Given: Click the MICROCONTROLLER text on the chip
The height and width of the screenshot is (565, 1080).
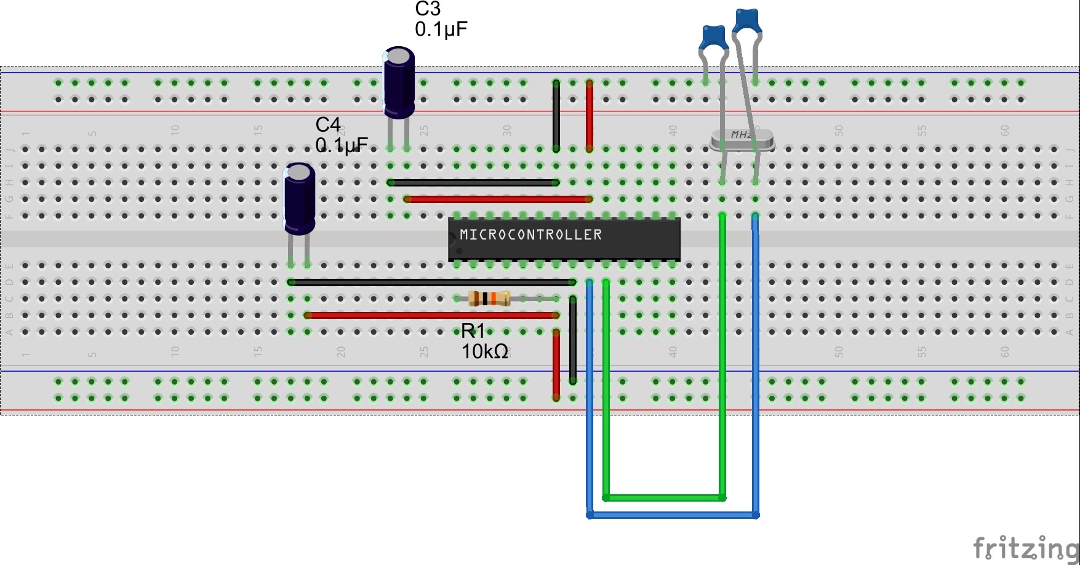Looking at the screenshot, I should (x=530, y=234).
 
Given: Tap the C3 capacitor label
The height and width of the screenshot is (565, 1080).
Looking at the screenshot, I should (x=428, y=9).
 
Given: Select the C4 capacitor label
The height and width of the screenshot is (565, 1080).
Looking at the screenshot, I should (x=328, y=125).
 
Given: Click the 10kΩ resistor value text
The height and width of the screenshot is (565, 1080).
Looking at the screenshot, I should (x=484, y=351).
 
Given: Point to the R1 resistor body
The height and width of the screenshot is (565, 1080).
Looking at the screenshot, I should (x=489, y=299).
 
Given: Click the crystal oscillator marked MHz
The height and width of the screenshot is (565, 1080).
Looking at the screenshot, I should (x=742, y=140).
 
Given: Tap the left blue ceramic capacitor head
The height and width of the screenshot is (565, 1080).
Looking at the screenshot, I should (x=714, y=37).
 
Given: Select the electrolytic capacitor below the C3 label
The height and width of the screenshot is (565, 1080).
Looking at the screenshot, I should (x=399, y=82).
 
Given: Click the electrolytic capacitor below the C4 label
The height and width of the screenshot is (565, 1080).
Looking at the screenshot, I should (x=300, y=198).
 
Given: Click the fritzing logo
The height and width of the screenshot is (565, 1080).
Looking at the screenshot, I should (x=1025, y=547).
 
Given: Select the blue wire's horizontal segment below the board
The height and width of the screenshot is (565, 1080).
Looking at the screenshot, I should (x=673, y=515).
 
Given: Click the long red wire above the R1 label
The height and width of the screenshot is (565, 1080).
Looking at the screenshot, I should (x=431, y=315).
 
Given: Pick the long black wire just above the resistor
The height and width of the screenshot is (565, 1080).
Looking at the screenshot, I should (x=431, y=282).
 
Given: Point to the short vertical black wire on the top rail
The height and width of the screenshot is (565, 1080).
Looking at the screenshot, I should (x=556, y=116).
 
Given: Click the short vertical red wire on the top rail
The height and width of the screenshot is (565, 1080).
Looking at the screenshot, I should (x=590, y=116).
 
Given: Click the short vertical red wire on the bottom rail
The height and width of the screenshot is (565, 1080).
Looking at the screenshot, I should (x=556, y=365).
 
